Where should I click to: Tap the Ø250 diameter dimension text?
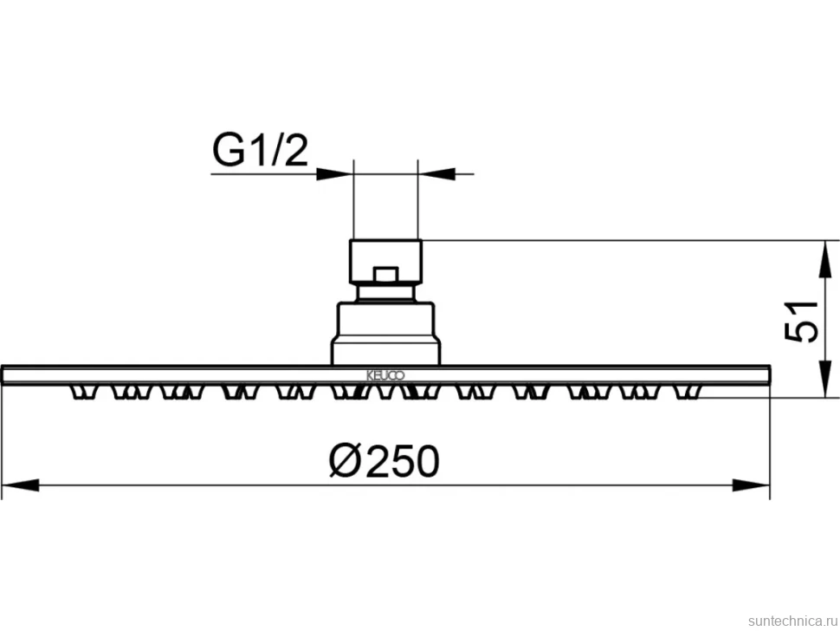[x=384, y=460]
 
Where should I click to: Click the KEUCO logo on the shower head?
[x=385, y=375]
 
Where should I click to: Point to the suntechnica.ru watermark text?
[x=792, y=621]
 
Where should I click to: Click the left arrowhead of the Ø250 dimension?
[x=21, y=485]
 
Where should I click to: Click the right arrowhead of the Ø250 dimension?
[x=751, y=485]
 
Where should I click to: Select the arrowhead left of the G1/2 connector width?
[x=334, y=173]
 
